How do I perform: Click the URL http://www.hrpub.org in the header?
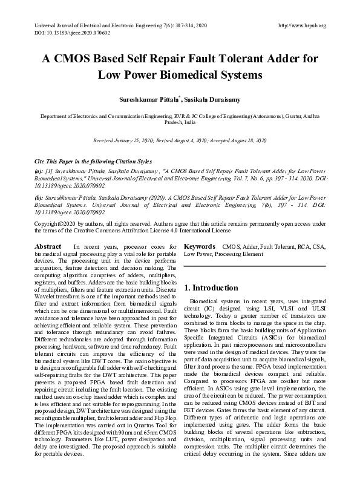point(301,25)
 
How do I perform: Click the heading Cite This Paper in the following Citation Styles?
point(92,162)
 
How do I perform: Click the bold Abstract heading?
point(48,247)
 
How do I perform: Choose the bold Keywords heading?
point(200,247)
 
